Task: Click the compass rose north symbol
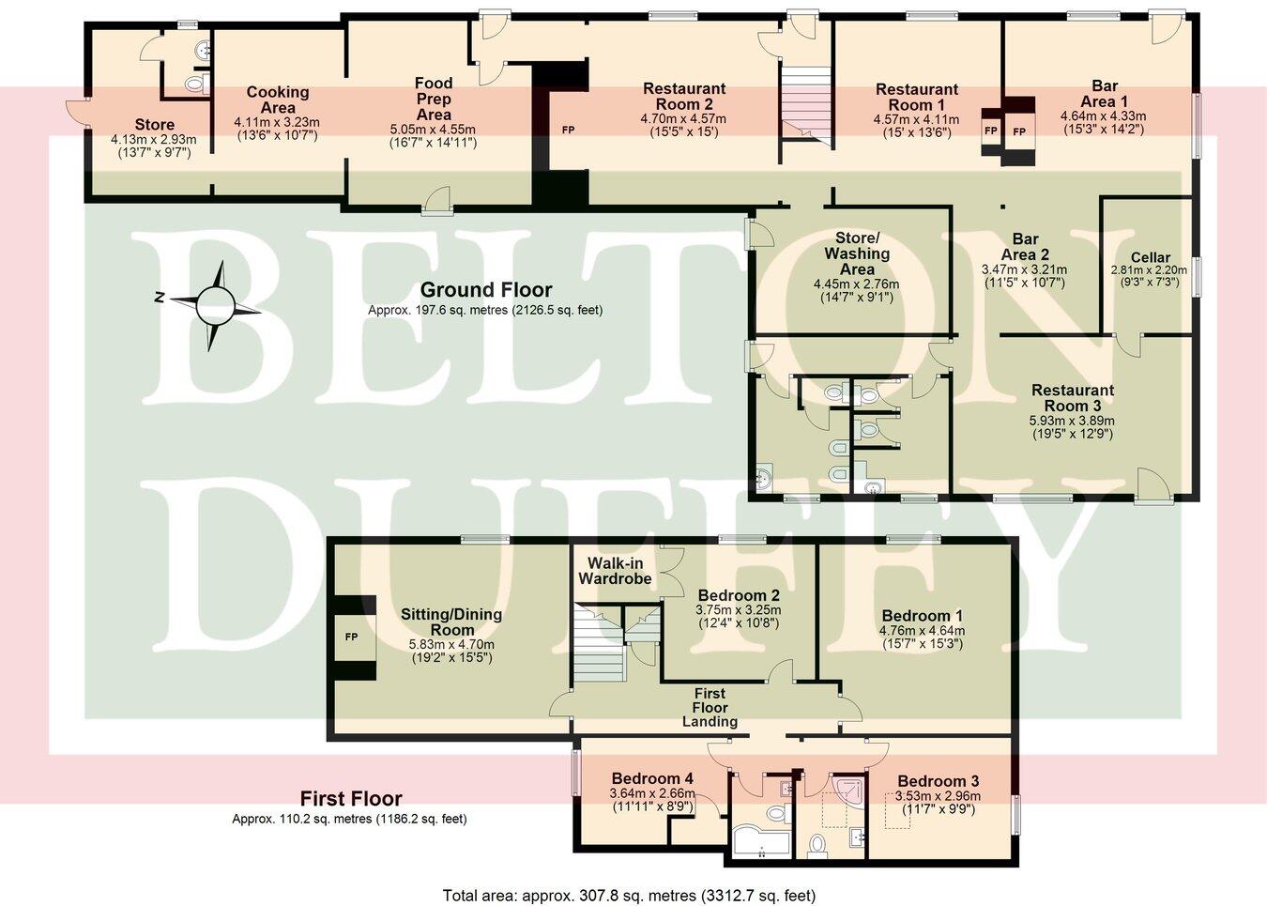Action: pyautogui.click(x=160, y=299)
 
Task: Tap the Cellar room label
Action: pyautogui.click(x=1150, y=257)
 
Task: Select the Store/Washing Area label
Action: pyautogui.click(x=857, y=253)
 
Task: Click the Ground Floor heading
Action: pyautogui.click(x=485, y=290)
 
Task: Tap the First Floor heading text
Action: pyautogui.click(x=351, y=799)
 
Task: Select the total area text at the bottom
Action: pyautogui.click(x=629, y=896)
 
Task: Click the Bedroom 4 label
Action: pyautogui.click(x=651, y=778)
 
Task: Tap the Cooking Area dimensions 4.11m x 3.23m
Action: pyautogui.click(x=277, y=122)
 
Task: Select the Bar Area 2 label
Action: pyautogui.click(x=1024, y=246)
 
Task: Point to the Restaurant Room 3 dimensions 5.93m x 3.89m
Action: pyautogui.click(x=1073, y=421)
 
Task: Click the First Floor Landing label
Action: pyautogui.click(x=710, y=708)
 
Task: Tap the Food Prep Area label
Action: pyautogui.click(x=434, y=99)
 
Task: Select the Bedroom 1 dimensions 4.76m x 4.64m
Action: pyautogui.click(x=922, y=631)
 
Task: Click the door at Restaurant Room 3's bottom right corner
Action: pyautogui.click(x=1154, y=485)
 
